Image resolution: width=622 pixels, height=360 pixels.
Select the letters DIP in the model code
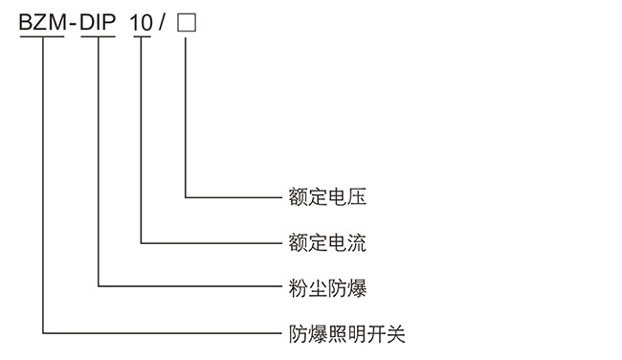pyautogui.click(x=99, y=21)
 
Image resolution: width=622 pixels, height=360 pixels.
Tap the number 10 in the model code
pyautogui.click(x=142, y=21)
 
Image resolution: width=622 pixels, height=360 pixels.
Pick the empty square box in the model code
pyautogui.click(x=187, y=21)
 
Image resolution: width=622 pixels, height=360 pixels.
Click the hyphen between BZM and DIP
pyautogui.click(x=72, y=22)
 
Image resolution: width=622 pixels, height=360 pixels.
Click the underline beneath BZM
pyautogui.click(x=43, y=36)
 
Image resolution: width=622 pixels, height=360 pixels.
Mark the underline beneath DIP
pyautogui.click(x=99, y=36)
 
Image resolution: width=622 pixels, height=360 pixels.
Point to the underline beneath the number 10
pyautogui.click(x=142, y=36)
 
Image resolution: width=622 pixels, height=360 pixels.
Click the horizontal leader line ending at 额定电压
pyautogui.click(x=230, y=198)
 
